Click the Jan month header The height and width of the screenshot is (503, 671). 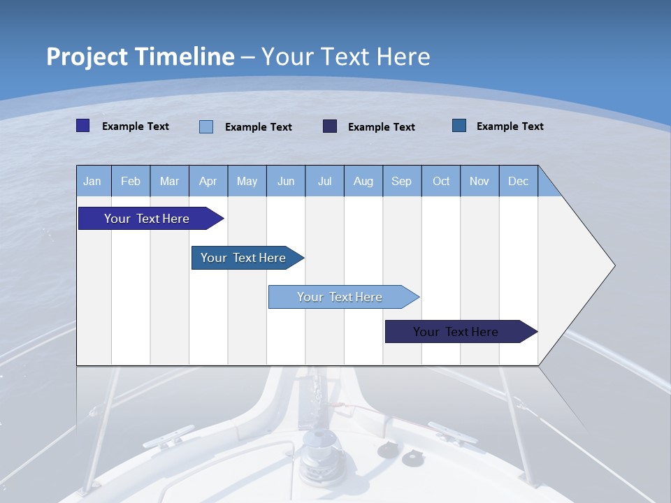(x=92, y=181)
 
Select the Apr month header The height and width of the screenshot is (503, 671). (x=208, y=181)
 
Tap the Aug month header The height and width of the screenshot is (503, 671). (x=363, y=181)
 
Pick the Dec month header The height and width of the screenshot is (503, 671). (x=518, y=181)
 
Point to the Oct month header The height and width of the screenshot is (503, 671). (x=441, y=181)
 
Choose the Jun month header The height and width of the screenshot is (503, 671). (x=286, y=181)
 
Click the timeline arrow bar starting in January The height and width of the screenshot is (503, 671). (x=147, y=219)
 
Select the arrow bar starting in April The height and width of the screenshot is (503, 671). (x=243, y=258)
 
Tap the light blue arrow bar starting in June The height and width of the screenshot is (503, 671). (x=340, y=297)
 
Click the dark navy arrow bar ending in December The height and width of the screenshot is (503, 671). (x=456, y=332)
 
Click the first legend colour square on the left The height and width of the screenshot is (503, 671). (x=82, y=126)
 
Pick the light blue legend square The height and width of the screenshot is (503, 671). (x=206, y=126)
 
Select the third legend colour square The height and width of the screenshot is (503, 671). (x=330, y=126)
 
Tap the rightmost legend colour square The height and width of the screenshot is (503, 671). (x=459, y=126)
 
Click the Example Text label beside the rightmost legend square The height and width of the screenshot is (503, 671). (x=510, y=126)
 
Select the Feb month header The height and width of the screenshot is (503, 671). (x=131, y=181)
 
